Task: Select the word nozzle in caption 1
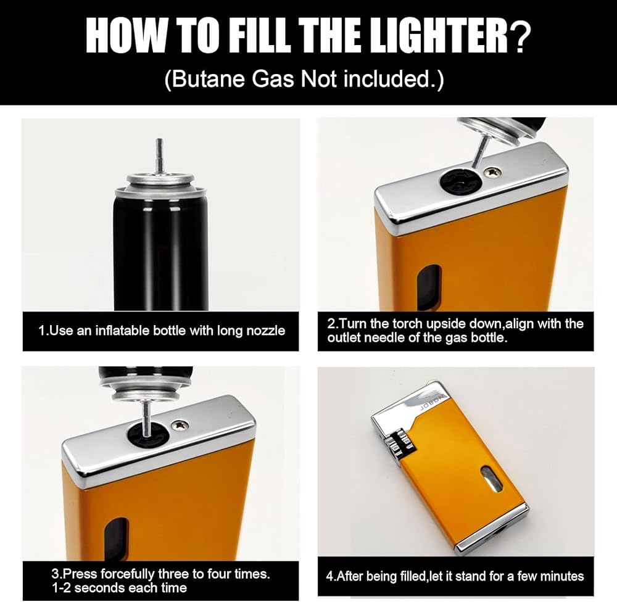[x=265, y=331]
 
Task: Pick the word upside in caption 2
[x=445, y=324]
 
